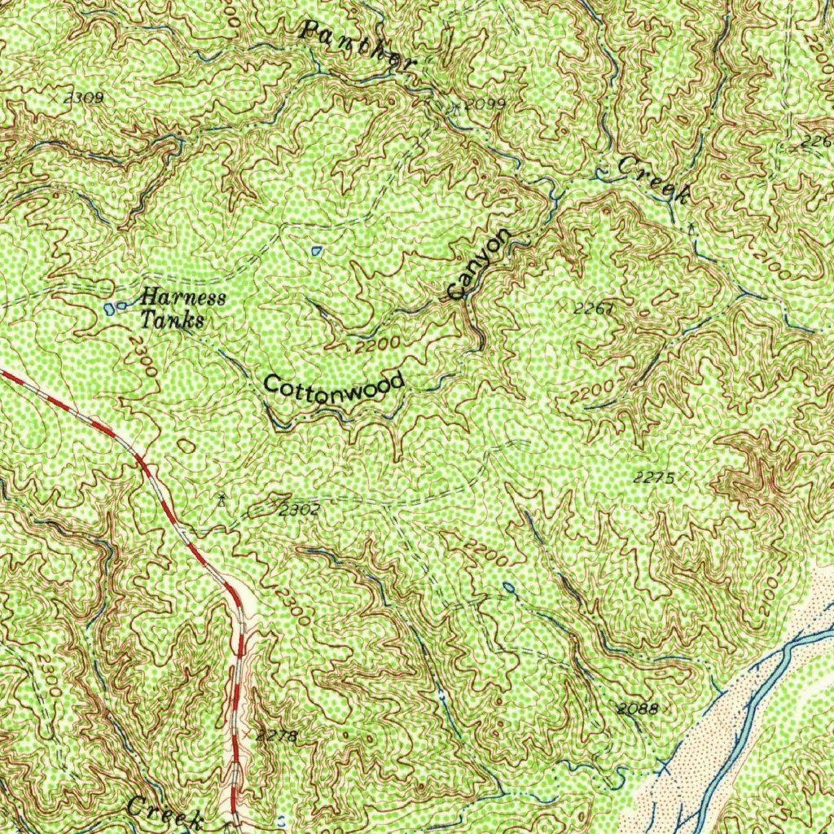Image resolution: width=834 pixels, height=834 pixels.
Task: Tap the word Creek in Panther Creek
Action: point(654,180)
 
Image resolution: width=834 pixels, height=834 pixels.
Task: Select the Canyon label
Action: point(481,264)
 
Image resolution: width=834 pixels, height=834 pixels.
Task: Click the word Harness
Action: point(182,297)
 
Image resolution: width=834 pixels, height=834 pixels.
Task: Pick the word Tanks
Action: point(170,320)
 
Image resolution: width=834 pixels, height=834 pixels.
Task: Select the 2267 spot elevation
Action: point(592,309)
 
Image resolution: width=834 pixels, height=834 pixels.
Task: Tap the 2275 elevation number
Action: point(653,478)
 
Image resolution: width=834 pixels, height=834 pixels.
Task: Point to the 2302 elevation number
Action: point(299,511)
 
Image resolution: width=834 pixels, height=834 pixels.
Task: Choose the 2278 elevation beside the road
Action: point(277,736)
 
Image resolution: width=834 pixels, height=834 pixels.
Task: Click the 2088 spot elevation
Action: point(636,709)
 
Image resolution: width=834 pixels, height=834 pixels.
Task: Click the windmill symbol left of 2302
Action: point(221,498)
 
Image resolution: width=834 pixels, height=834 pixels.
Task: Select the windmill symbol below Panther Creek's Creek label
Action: point(691,227)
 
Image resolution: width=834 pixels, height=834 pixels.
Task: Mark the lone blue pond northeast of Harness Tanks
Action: point(317,248)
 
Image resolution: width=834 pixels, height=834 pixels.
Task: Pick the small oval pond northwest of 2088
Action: point(509,586)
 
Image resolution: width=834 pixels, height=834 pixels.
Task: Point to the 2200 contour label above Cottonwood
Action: point(378,345)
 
